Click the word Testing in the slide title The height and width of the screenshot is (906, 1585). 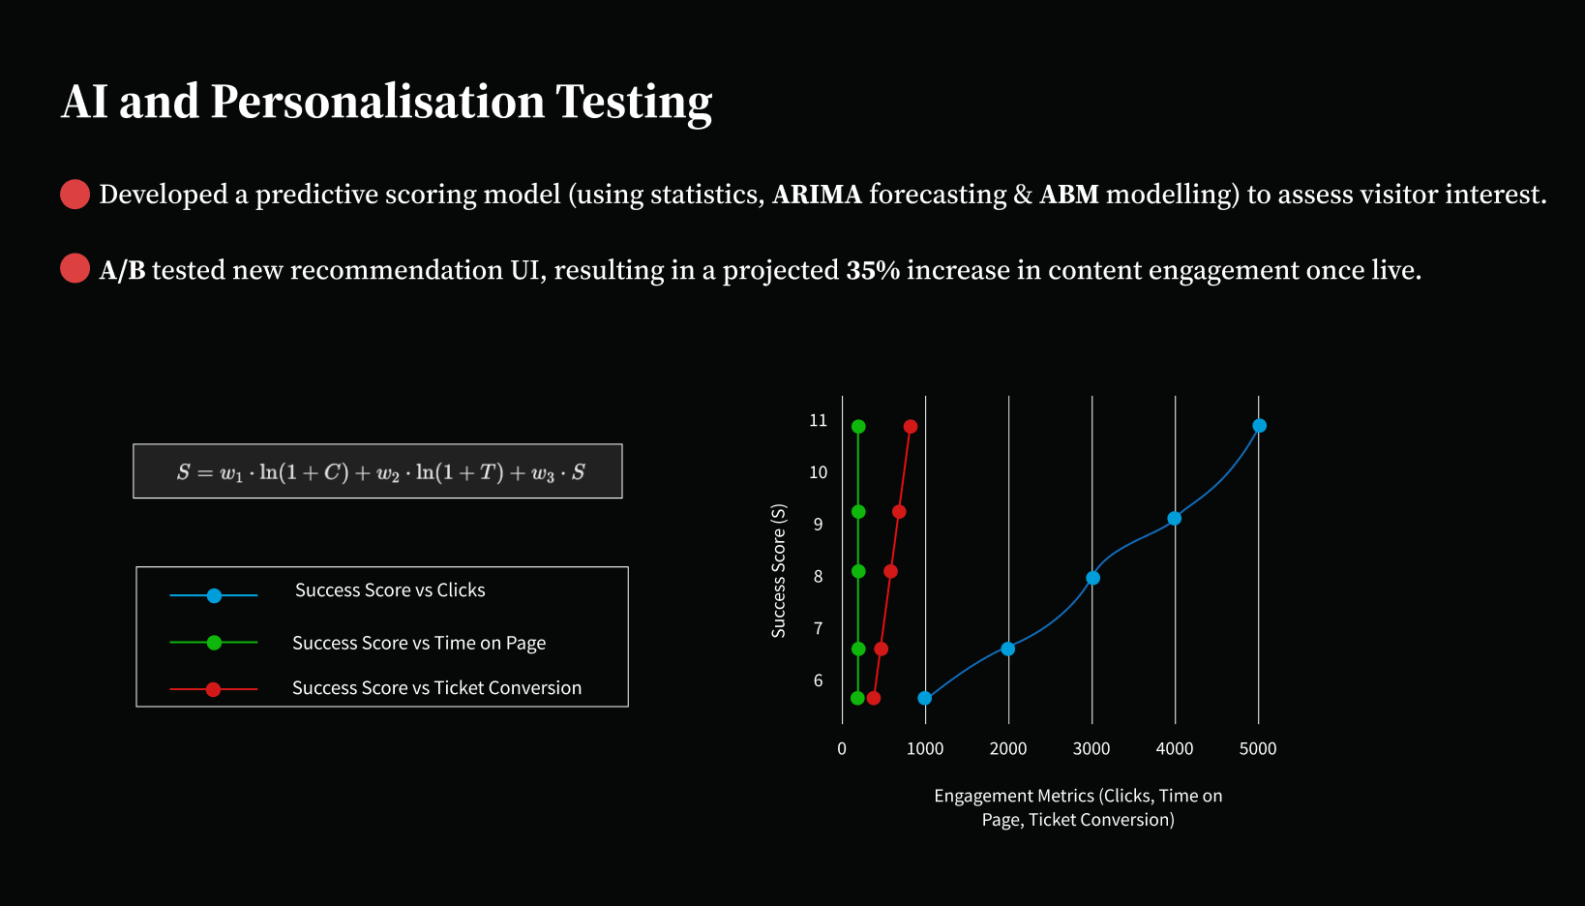[x=633, y=103]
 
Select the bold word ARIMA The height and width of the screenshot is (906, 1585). [x=817, y=195]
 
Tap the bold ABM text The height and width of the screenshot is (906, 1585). [x=1068, y=195]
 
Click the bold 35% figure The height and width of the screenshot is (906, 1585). [x=873, y=270]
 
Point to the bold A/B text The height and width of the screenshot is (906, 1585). [x=123, y=270]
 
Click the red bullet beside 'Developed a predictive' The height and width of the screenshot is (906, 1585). [x=75, y=195]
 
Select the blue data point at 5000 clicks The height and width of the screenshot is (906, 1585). [x=1260, y=425]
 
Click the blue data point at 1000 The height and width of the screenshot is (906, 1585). [x=925, y=698]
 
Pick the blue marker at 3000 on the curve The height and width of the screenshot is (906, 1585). [x=1092, y=578]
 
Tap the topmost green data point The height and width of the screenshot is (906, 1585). [x=858, y=426]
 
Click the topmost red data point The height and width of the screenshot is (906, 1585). [x=911, y=426]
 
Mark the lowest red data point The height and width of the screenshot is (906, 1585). [x=873, y=698]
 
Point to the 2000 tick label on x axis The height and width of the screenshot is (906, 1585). [x=1008, y=749]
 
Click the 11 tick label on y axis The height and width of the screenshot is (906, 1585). [x=818, y=420]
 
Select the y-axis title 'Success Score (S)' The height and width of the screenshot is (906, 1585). [x=778, y=570]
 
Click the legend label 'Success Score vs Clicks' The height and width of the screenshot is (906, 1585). [x=390, y=590]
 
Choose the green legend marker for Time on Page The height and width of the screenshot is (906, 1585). [x=214, y=643]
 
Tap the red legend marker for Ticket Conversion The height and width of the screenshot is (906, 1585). [x=213, y=689]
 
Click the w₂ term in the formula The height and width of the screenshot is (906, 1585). [x=388, y=473]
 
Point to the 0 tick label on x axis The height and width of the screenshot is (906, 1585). [x=842, y=749]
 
